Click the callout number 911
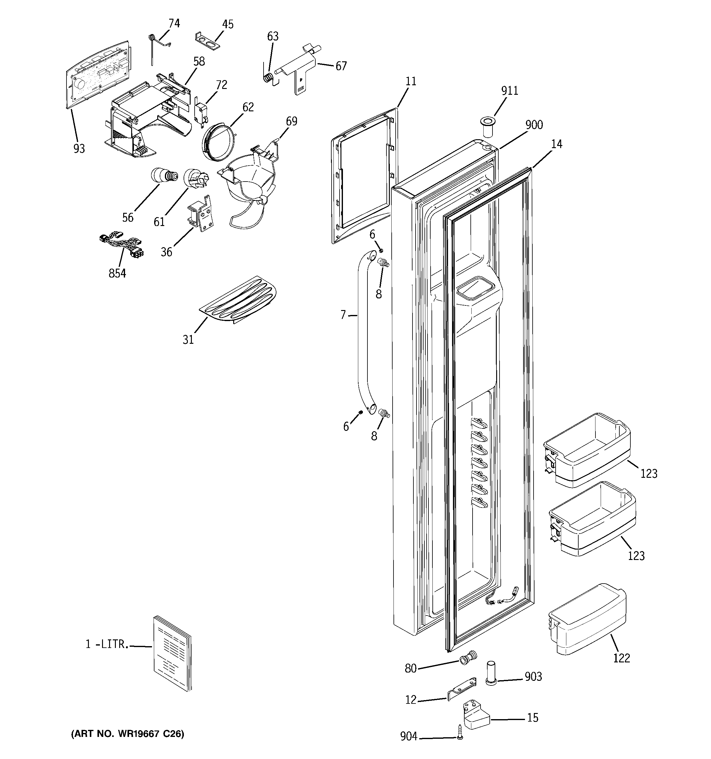click(x=509, y=90)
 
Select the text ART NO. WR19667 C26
click(x=128, y=734)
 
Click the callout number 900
click(x=534, y=125)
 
